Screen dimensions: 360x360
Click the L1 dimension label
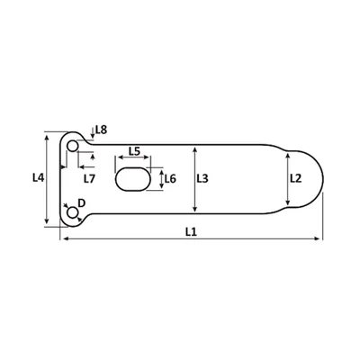[191, 231]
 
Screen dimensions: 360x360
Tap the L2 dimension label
[295, 179]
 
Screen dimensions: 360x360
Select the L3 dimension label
[202, 179]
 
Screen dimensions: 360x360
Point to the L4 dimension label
[39, 178]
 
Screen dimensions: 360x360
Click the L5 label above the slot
[134, 151]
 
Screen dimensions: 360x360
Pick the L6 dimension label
[170, 179]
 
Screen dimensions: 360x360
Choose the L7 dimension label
[89, 179]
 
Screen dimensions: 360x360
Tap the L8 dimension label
[101, 130]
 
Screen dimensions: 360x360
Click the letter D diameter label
[82, 203]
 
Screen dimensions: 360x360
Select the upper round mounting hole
[72, 146]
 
